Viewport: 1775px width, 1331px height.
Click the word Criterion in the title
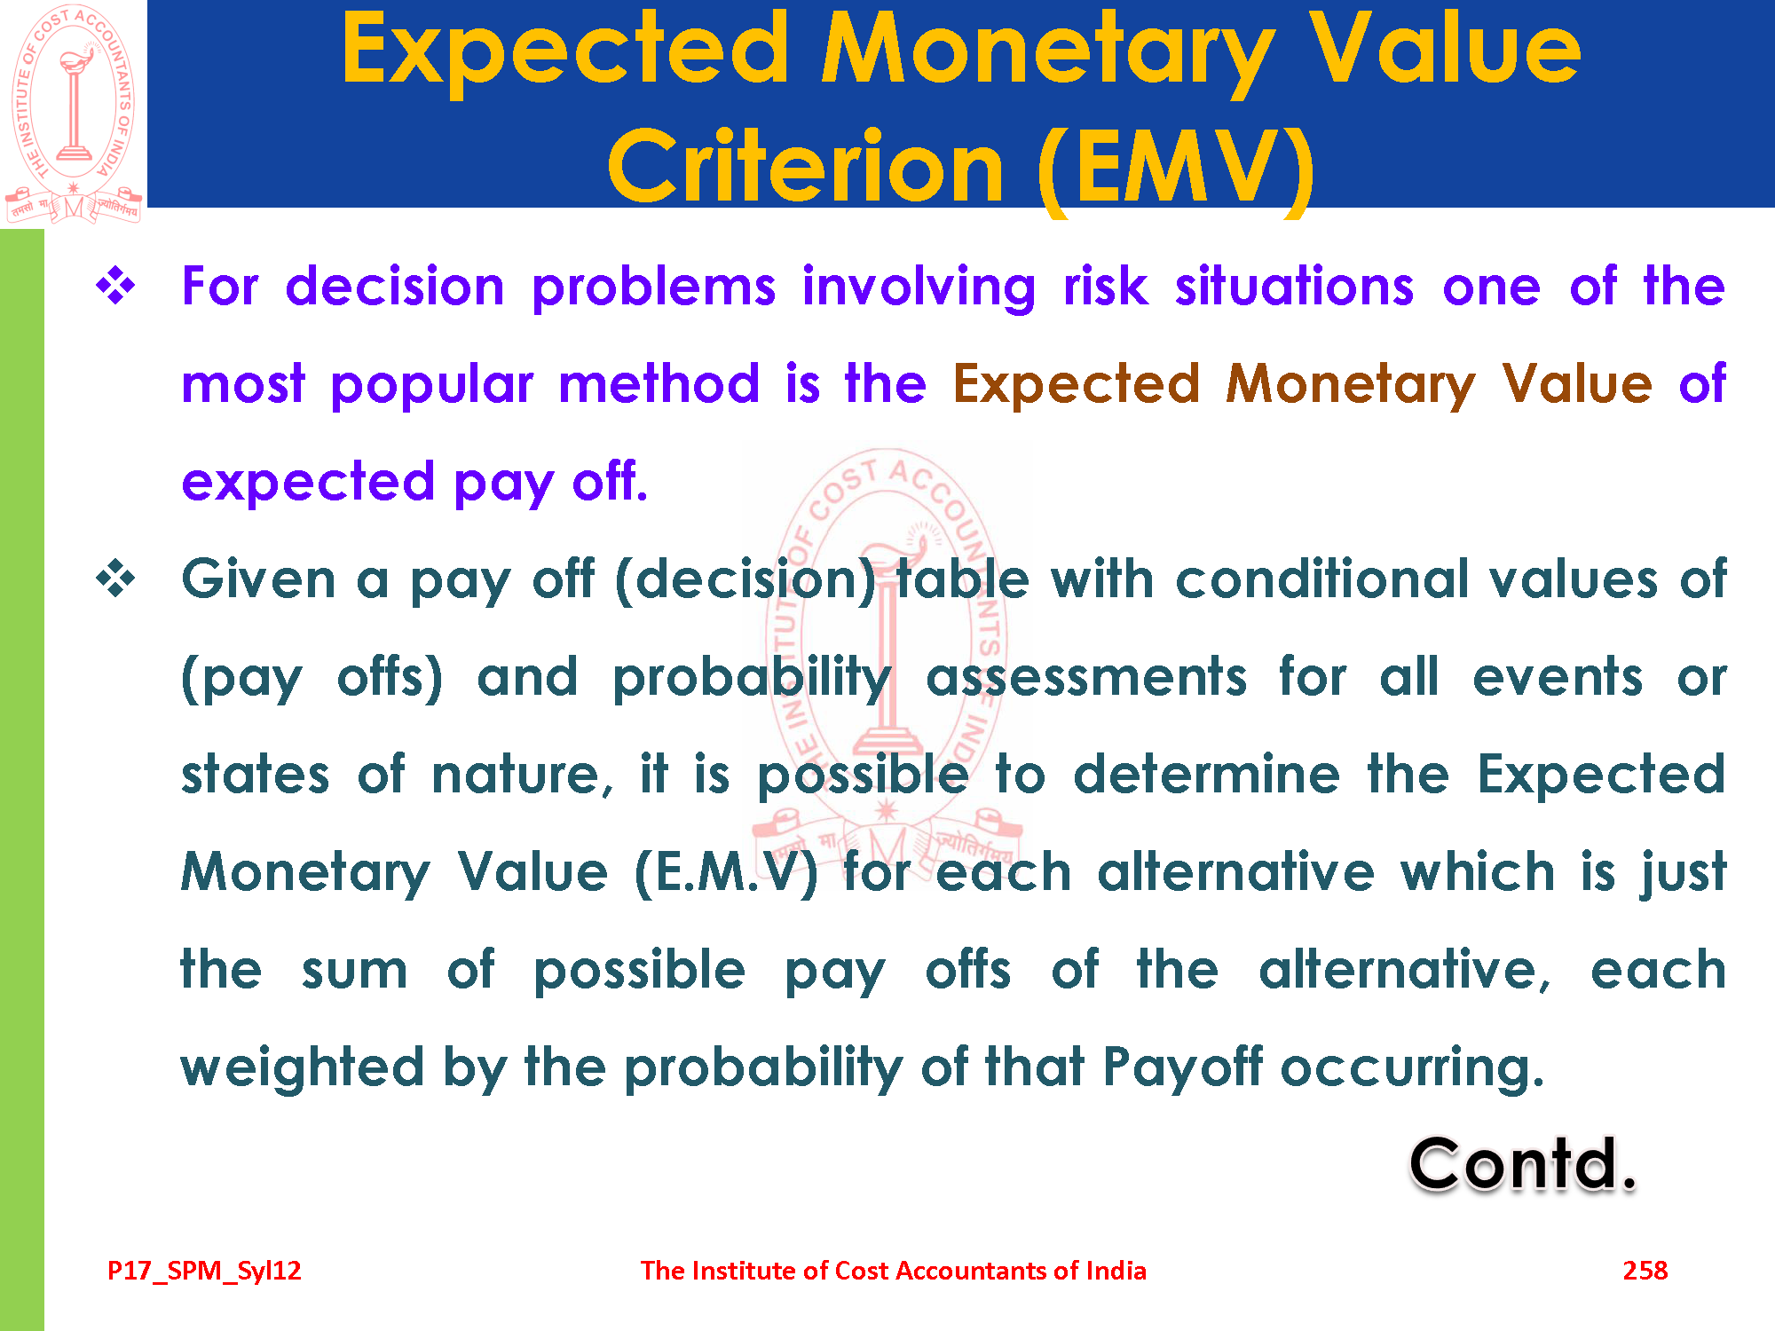pyautogui.click(x=806, y=167)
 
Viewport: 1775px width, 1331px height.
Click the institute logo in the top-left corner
pyautogui.click(x=74, y=114)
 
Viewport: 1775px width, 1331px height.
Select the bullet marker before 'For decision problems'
pyautogui.click(x=116, y=287)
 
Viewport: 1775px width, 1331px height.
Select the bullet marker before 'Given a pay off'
pyautogui.click(x=116, y=579)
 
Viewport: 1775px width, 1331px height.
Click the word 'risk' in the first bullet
pyautogui.click(x=1106, y=287)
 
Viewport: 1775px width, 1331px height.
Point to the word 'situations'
pyautogui.click(x=1295, y=287)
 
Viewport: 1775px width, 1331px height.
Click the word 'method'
pyautogui.click(x=659, y=383)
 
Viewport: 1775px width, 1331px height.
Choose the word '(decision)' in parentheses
pyautogui.click(x=745, y=582)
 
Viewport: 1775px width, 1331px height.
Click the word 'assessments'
pyautogui.click(x=1086, y=678)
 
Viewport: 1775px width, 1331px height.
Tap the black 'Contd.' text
pyautogui.click(x=1522, y=1163)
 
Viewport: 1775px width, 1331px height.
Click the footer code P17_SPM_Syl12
pyautogui.click(x=204, y=1271)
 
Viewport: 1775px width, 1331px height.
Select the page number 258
pyautogui.click(x=1645, y=1271)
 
